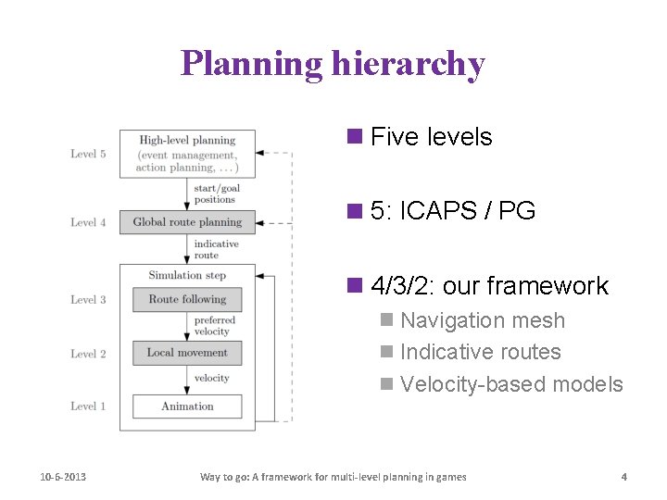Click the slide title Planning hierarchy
click(333, 63)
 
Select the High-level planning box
click(187, 154)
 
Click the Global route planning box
click(187, 222)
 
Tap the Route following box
click(187, 299)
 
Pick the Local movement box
click(187, 353)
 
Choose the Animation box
click(187, 406)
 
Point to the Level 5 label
click(88, 154)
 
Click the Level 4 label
click(88, 222)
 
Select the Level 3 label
click(88, 299)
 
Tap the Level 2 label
click(88, 354)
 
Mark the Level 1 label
click(88, 406)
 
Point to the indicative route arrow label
click(216, 249)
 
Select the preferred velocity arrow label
click(214, 326)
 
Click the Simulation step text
click(187, 275)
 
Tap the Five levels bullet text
click(431, 137)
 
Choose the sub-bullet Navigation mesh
click(482, 320)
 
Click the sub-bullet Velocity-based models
click(511, 384)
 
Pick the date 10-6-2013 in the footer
click(63, 477)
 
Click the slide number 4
click(623, 477)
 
